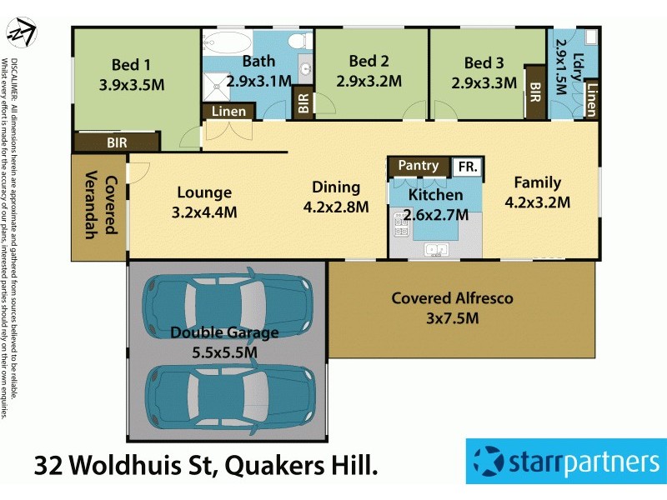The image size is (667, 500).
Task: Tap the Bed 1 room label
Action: point(132,64)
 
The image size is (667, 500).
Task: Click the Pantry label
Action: point(418,166)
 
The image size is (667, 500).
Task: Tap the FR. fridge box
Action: point(467,167)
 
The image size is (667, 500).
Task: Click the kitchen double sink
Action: point(435,248)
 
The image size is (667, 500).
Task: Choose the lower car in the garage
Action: point(230,390)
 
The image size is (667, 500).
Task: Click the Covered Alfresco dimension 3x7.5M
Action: point(453,317)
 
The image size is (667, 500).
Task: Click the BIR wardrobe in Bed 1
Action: point(117,142)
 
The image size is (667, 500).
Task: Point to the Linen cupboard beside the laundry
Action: point(591,99)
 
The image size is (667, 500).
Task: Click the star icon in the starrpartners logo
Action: point(487,459)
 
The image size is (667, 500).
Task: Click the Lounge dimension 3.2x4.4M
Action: point(204,212)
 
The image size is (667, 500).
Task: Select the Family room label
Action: point(537,182)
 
